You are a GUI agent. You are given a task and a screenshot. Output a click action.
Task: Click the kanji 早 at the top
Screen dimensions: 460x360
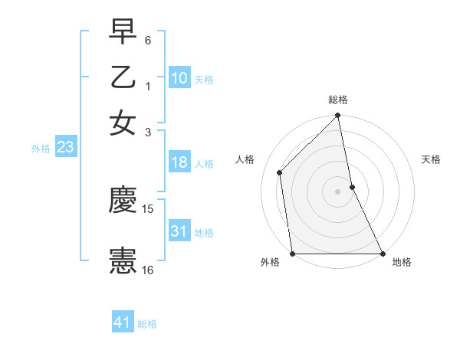pos(123,32)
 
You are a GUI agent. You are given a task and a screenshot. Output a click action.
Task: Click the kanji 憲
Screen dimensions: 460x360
pos(123,260)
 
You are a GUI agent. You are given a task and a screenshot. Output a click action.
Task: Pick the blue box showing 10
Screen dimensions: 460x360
pos(179,78)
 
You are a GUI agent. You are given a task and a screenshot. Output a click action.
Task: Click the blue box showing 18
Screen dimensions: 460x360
pos(179,163)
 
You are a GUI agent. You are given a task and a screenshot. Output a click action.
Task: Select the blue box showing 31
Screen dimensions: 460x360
pos(179,231)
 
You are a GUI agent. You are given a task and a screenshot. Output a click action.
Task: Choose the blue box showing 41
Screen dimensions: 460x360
pos(123,322)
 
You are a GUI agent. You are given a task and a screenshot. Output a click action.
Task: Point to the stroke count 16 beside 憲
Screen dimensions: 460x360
pos(148,270)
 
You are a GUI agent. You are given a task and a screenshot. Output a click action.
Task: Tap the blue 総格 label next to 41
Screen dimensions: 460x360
pos(147,324)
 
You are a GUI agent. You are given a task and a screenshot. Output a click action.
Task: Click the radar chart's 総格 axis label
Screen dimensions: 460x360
pos(338,100)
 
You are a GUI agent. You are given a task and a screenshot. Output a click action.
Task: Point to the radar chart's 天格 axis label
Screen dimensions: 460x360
pos(431,159)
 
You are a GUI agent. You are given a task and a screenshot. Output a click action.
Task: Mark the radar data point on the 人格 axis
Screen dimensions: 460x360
pos(280,172)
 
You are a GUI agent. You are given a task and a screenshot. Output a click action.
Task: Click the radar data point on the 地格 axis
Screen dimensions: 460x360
pos(382,254)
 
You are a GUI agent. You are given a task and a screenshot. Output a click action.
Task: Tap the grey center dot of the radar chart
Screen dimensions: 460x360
pos(337,191)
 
